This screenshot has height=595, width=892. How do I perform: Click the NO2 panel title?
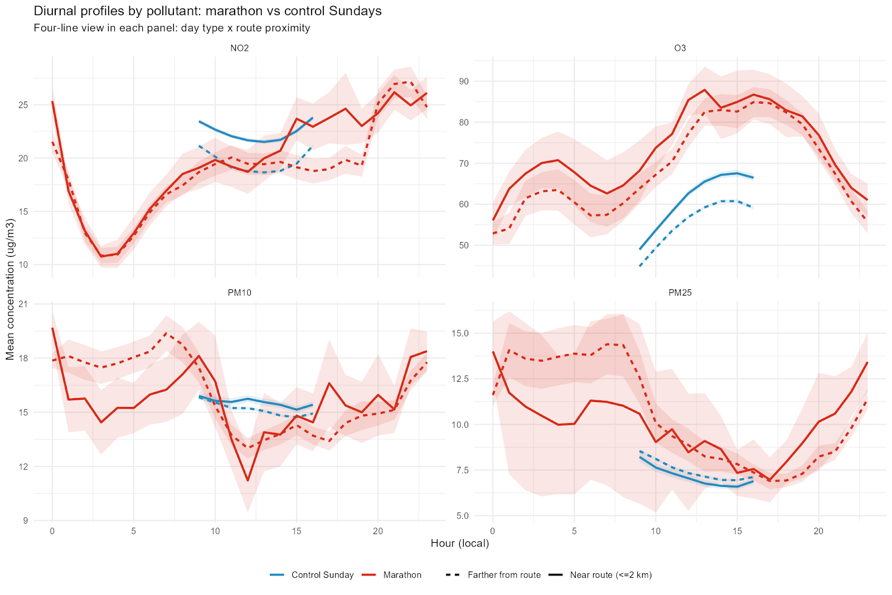(239, 48)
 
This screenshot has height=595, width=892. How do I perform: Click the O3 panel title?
(680, 48)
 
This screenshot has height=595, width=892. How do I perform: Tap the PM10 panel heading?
(239, 292)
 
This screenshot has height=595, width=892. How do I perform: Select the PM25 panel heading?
(680, 292)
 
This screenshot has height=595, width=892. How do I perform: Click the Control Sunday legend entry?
(322, 575)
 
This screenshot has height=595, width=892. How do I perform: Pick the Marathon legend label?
(402, 575)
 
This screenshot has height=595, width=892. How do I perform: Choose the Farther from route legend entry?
(504, 575)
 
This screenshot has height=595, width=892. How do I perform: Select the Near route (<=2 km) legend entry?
(610, 575)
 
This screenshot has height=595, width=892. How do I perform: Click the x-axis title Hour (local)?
(459, 543)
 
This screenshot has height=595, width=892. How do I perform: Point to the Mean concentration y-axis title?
(10, 289)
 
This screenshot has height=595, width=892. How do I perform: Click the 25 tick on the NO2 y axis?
(23, 105)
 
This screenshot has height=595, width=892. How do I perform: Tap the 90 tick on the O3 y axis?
(464, 81)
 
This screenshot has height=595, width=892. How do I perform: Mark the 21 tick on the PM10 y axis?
(23, 304)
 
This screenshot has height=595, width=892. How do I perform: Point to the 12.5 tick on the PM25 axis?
(460, 379)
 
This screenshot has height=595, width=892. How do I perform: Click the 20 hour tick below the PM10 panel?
(378, 531)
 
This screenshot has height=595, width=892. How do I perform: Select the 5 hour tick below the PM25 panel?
(574, 531)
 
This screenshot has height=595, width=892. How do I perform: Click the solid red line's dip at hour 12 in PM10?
(248, 480)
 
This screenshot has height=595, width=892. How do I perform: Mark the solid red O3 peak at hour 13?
(705, 90)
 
